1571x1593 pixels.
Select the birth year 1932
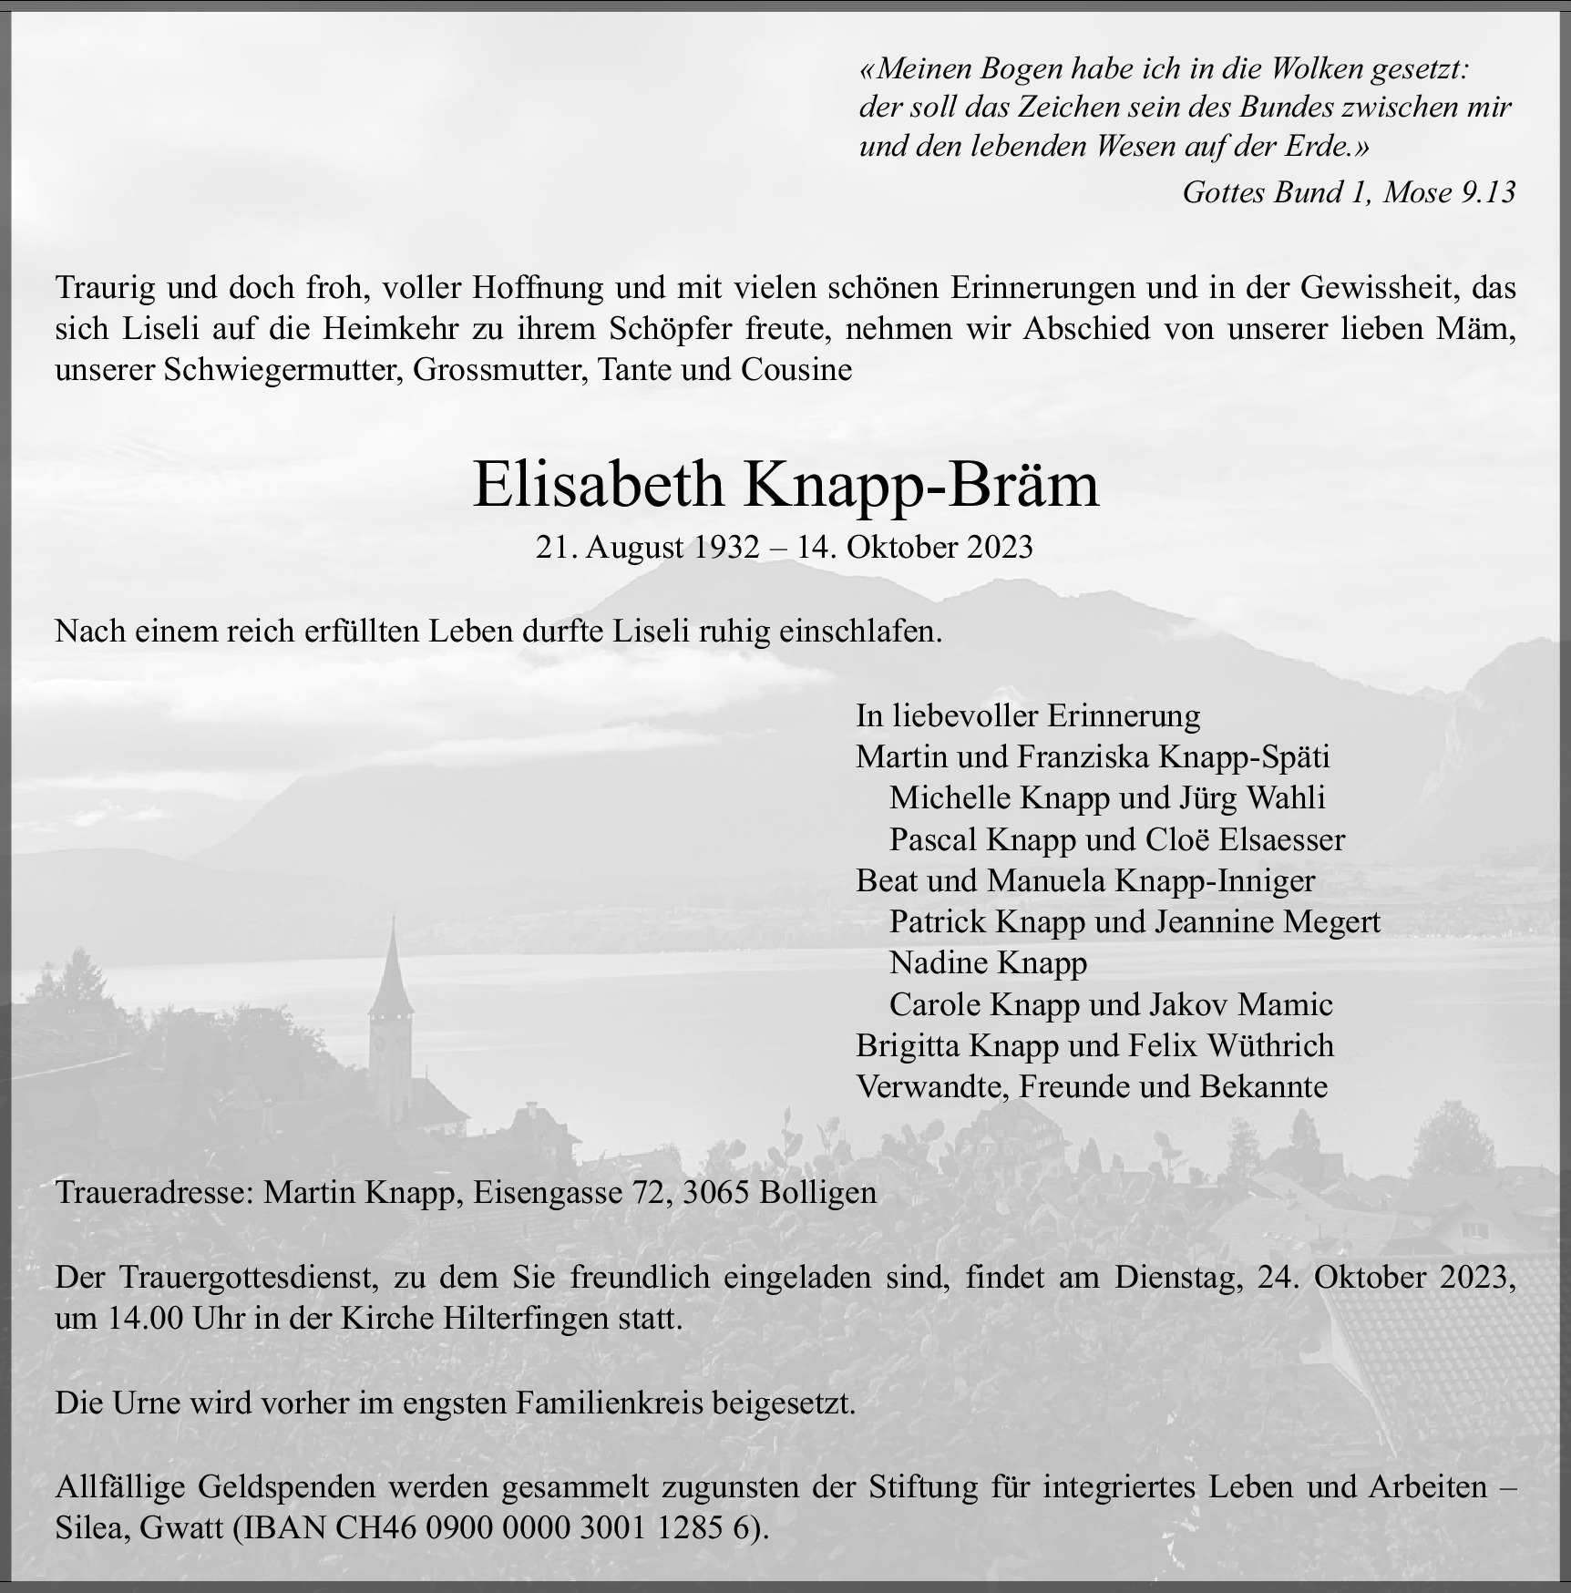[x=726, y=547]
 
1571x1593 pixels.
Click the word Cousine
[x=796, y=370]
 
